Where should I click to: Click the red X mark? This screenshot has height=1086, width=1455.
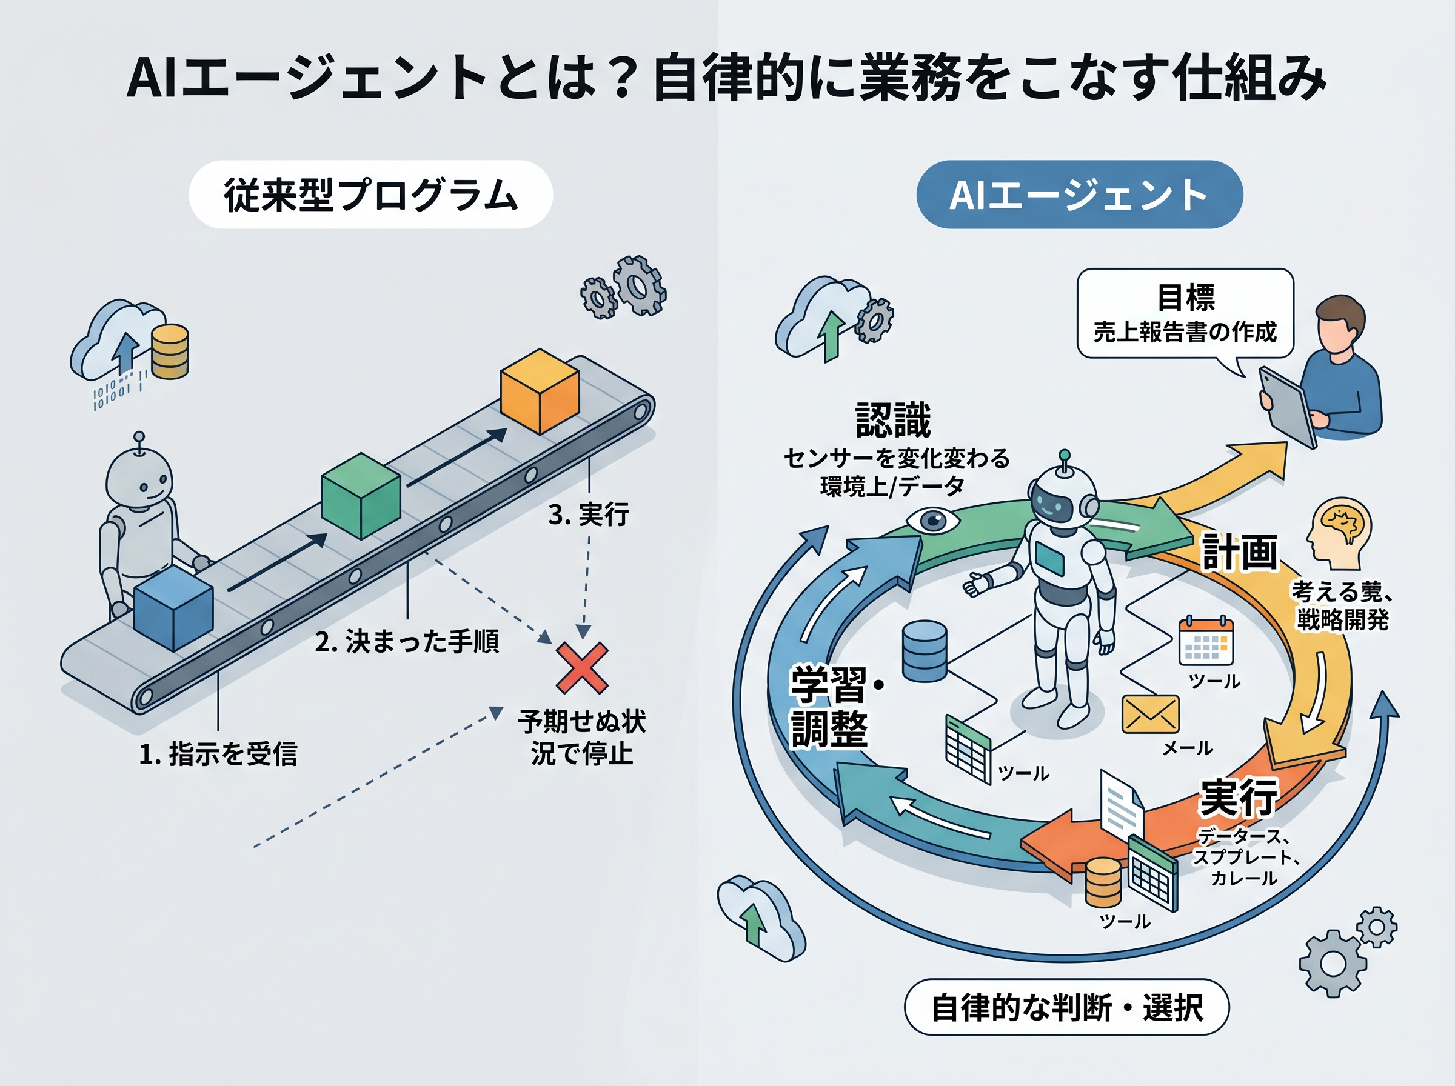pyautogui.click(x=582, y=668)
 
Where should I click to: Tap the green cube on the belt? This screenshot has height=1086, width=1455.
pyautogui.click(x=360, y=496)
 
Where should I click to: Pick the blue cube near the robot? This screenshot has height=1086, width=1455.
pyautogui.click(x=173, y=608)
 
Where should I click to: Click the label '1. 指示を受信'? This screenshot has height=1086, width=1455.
pyautogui.click(x=218, y=753)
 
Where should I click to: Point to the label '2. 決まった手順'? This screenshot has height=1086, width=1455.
pyautogui.click(x=407, y=642)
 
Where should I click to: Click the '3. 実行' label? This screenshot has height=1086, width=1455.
pyautogui.click(x=589, y=514)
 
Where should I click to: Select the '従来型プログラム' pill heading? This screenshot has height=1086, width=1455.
pyautogui.click(x=370, y=195)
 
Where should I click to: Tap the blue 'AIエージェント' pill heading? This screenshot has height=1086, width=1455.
pyautogui.click(x=1079, y=195)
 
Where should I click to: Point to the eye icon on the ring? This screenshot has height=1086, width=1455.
pyautogui.click(x=932, y=521)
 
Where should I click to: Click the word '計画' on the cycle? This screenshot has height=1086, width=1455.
pyautogui.click(x=1239, y=552)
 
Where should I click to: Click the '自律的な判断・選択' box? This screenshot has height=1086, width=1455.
pyautogui.click(x=1066, y=1007)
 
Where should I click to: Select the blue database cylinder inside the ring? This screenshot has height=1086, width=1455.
pyautogui.click(x=924, y=650)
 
